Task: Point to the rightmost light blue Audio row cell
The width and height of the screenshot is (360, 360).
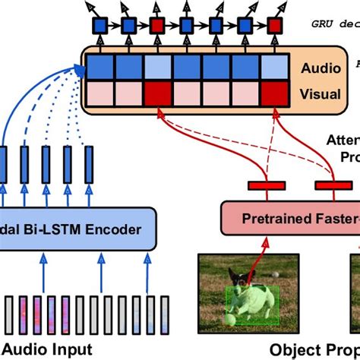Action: (x=273, y=68)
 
